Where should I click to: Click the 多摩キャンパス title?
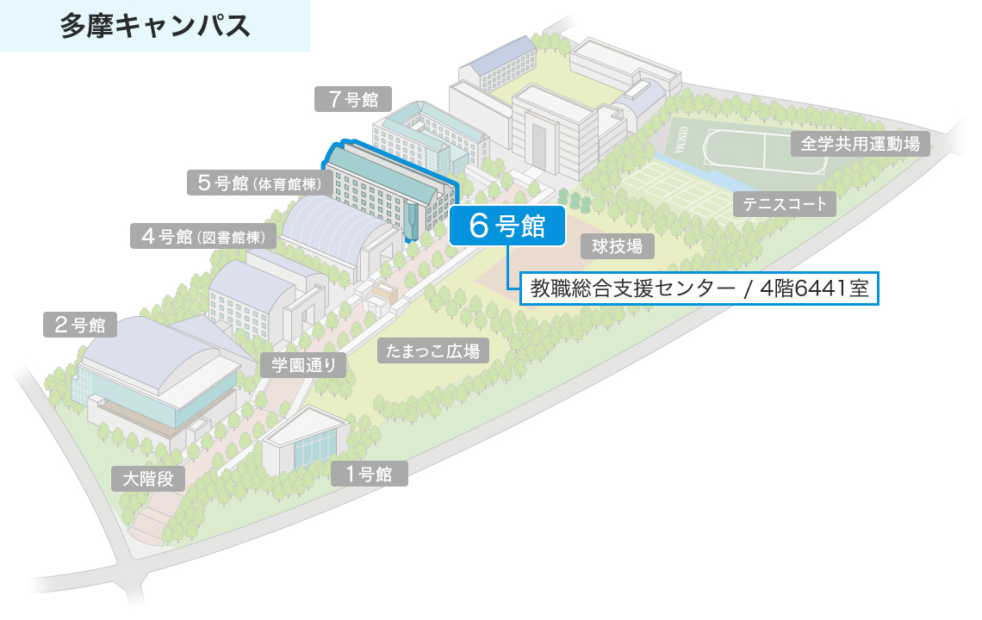(155, 25)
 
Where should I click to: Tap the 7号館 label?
(352, 99)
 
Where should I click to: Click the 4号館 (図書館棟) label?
(203, 236)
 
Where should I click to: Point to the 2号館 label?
(79, 325)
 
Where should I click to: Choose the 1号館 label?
(369, 474)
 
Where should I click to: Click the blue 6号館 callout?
(507, 226)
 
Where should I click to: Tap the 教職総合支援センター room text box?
(699, 288)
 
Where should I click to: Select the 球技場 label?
(617, 247)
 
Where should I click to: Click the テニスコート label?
(784, 204)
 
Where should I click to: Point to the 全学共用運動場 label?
(860, 144)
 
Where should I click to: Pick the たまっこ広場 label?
(433, 350)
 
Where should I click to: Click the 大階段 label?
(148, 479)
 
